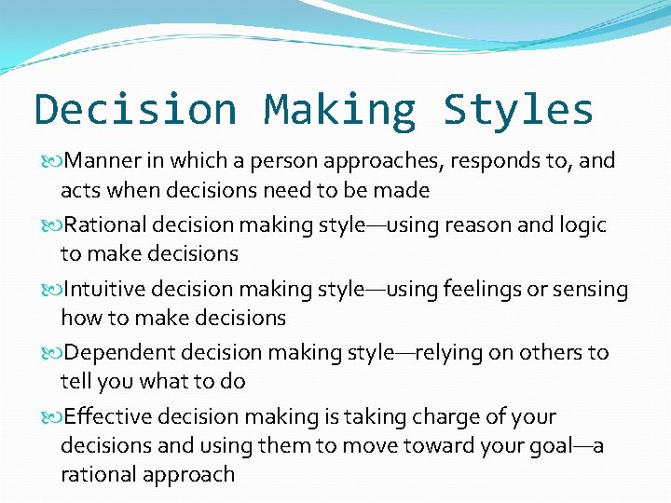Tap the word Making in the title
340,110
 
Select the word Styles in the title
519,110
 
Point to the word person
280,161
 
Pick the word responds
484,161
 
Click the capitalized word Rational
104,225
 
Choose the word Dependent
114,353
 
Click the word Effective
103,417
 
